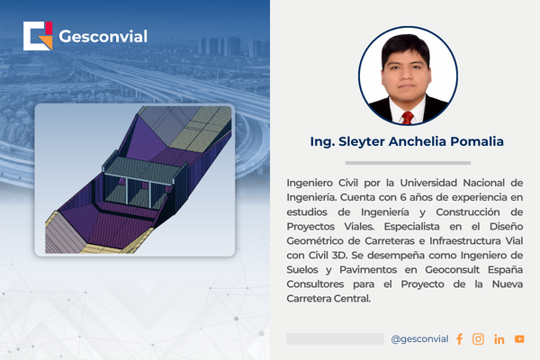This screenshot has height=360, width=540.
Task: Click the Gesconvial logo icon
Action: (x=38, y=36)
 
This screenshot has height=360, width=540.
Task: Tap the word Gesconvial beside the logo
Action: (x=103, y=36)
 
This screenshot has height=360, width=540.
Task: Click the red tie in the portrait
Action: (x=408, y=118)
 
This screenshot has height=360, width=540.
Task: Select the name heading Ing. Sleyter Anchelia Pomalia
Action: (x=407, y=141)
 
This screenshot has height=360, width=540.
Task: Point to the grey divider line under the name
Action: (x=408, y=163)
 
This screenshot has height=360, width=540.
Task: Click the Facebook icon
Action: (x=459, y=339)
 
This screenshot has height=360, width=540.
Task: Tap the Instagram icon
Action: (x=478, y=339)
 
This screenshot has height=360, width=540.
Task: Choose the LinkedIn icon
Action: (x=499, y=339)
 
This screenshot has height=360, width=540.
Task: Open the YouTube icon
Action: (x=519, y=339)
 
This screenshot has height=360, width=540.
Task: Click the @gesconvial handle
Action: (x=419, y=339)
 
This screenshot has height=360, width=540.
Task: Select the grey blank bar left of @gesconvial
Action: (x=335, y=339)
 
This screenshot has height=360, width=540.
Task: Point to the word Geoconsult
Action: (x=452, y=270)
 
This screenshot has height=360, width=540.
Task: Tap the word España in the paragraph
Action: (x=505, y=270)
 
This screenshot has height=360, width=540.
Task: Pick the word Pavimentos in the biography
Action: (x=368, y=270)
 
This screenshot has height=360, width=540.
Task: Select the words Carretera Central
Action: (x=328, y=299)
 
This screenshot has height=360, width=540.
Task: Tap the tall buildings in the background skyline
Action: (x=220, y=46)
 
